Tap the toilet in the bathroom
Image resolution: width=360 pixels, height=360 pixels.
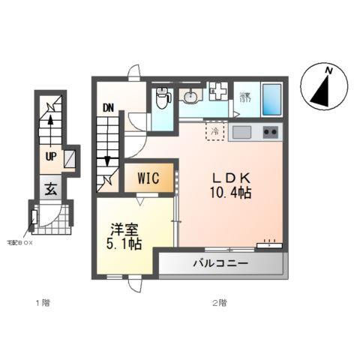pos(161,98)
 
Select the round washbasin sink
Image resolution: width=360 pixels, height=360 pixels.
pos(190,95)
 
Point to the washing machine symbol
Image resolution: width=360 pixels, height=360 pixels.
pos(218,91)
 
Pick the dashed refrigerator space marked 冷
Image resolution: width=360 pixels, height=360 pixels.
pos(215,133)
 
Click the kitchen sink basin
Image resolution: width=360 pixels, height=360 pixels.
pos(242,133)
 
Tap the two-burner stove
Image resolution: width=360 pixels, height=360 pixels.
pos(269,133)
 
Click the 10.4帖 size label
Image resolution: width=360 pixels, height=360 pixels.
pos(230,193)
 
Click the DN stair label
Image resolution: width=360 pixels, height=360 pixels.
pos(108,107)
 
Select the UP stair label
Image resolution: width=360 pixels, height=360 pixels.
pos(50,156)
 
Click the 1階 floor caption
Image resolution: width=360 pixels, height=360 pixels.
pos(41,303)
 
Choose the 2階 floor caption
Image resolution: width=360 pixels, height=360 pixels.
pos(218,303)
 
